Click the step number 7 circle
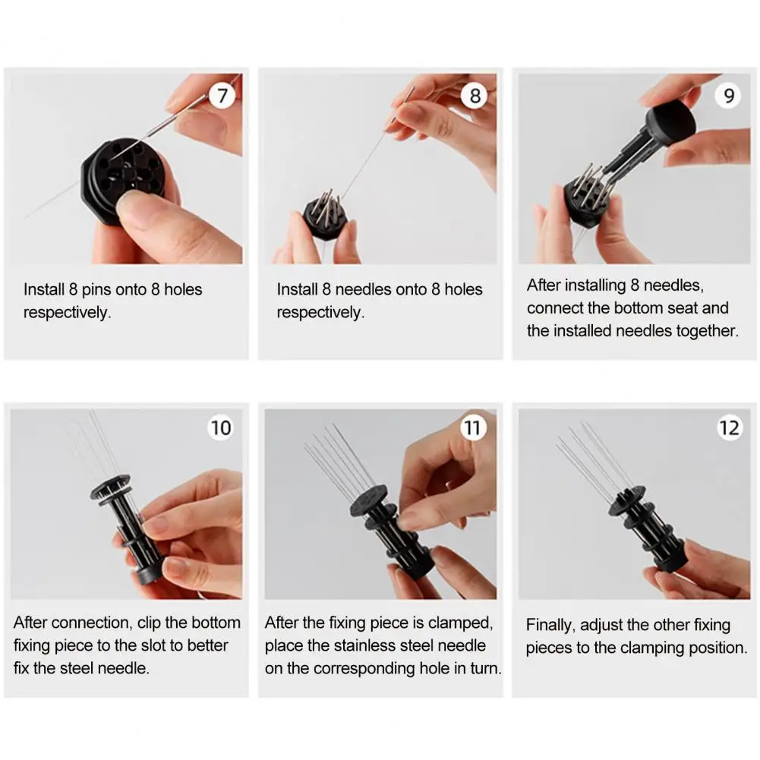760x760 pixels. [222, 96]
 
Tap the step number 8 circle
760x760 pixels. [475, 96]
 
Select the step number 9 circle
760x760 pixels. [729, 96]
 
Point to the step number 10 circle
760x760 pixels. [221, 427]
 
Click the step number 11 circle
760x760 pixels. [473, 427]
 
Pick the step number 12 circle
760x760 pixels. [729, 427]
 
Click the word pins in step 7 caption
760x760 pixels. [96, 290]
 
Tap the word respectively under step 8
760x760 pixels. [320, 312]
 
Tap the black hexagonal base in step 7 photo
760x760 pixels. [121, 179]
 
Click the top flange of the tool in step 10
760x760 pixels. [111, 490]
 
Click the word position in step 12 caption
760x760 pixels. [715, 648]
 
